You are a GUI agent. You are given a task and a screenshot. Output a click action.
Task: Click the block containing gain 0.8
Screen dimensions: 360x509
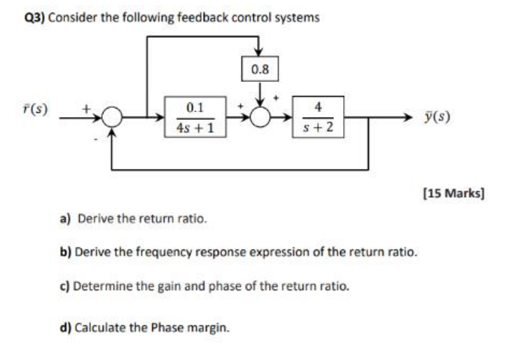(260, 69)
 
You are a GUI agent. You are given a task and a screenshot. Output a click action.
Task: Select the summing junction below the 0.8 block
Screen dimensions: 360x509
(260, 119)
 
